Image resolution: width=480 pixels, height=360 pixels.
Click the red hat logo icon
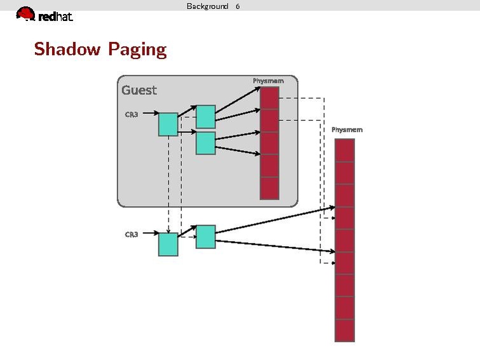(x=25, y=13)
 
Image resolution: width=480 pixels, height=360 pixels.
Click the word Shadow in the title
(x=65, y=49)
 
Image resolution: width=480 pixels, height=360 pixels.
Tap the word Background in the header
(x=207, y=6)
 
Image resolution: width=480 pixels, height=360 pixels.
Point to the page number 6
(x=238, y=6)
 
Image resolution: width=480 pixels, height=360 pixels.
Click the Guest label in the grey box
(x=139, y=90)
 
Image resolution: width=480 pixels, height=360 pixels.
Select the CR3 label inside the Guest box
(x=131, y=114)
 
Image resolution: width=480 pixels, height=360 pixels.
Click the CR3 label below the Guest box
(x=131, y=235)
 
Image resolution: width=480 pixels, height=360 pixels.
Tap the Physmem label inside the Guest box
(x=268, y=81)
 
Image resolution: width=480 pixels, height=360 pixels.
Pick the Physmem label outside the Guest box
(x=347, y=130)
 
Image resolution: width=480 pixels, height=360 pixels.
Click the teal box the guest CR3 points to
(x=168, y=124)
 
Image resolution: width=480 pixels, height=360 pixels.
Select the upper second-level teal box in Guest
(x=205, y=117)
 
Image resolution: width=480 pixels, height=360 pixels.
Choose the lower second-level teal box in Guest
(x=205, y=143)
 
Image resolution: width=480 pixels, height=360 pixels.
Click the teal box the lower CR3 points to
(x=168, y=244)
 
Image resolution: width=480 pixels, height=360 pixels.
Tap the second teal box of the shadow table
(x=205, y=237)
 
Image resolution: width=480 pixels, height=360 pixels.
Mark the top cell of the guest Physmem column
(x=270, y=98)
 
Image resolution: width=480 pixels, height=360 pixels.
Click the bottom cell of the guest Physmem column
(x=270, y=188)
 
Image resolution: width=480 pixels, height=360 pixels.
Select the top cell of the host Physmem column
(x=344, y=150)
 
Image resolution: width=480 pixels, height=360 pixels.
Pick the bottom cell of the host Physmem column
(x=344, y=330)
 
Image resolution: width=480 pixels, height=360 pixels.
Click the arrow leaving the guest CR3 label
(x=149, y=115)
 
